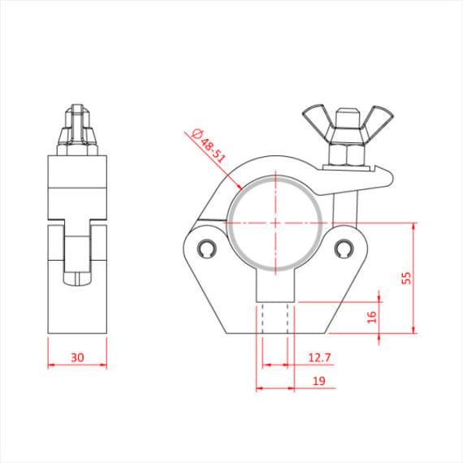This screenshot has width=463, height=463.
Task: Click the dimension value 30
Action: coord(77,356)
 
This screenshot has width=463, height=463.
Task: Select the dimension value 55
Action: coord(407,277)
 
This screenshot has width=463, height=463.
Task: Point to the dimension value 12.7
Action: coord(319,357)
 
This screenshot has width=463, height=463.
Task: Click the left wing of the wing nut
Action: coord(316,119)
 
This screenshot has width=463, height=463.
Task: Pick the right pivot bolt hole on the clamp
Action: coord(344,247)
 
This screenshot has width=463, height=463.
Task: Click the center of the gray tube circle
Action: coord(276,223)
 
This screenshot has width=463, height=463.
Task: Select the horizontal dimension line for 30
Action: coord(77,366)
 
